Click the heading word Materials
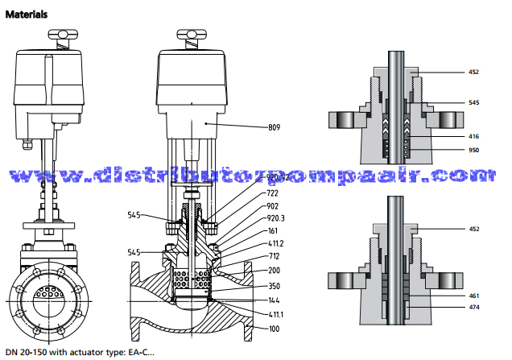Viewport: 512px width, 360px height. click(x=26, y=14)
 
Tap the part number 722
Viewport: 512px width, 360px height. click(x=272, y=193)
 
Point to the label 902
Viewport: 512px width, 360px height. click(x=272, y=205)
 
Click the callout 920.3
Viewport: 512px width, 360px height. click(x=275, y=217)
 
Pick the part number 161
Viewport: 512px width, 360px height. click(x=272, y=230)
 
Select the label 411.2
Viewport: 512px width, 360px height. click(x=275, y=242)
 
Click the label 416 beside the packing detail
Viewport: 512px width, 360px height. click(x=474, y=138)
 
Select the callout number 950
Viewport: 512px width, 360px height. click(x=474, y=151)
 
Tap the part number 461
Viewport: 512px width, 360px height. click(x=474, y=296)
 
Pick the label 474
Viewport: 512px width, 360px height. click(x=474, y=307)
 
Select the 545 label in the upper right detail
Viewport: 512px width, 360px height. click(x=474, y=102)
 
